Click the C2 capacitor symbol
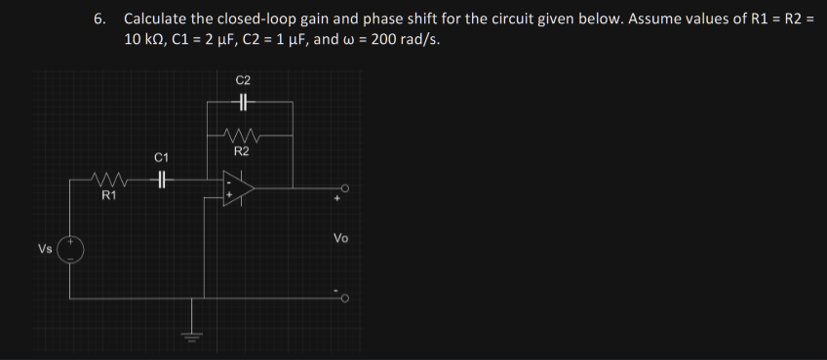click(x=243, y=101)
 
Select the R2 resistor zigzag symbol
click(x=240, y=135)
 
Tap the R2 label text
click(x=241, y=151)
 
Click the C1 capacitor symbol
click(x=162, y=180)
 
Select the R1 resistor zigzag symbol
click(x=108, y=180)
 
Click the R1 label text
click(x=109, y=196)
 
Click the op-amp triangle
click(x=238, y=188)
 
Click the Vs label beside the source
click(x=45, y=249)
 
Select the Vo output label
click(x=340, y=237)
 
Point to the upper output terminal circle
click(x=344, y=189)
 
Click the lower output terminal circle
click(x=344, y=298)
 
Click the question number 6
click(x=98, y=19)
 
